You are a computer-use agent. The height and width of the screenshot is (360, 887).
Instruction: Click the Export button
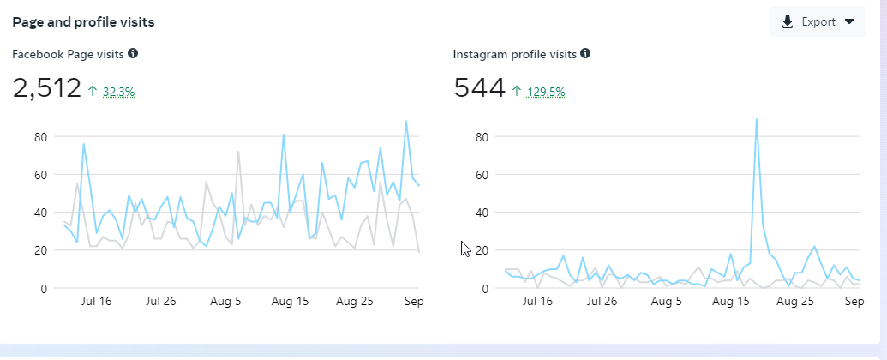818,22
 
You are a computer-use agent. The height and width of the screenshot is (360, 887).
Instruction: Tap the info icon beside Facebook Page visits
133,53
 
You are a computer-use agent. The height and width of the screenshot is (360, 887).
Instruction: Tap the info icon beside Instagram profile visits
585,53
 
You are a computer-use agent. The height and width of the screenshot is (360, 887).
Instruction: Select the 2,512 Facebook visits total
46,88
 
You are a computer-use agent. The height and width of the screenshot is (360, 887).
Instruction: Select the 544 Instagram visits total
479,88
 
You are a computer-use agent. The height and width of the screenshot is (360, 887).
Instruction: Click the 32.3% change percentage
118,91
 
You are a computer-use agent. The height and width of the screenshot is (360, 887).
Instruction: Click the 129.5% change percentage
546,91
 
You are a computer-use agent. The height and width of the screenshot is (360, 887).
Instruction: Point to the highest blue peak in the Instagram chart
756,120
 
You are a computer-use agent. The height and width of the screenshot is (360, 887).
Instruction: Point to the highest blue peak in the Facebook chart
406,121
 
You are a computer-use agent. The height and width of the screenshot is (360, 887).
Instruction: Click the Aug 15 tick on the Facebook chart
289,302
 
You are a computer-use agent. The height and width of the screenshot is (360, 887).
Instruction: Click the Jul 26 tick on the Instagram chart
602,302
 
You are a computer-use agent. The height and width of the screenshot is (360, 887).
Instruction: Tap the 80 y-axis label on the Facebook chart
39,137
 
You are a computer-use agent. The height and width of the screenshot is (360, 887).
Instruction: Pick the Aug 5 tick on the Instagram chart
666,302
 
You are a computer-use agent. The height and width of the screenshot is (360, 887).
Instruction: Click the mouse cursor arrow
464,249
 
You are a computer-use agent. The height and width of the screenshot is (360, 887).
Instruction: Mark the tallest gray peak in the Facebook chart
238,152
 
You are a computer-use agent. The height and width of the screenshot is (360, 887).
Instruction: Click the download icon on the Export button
788,22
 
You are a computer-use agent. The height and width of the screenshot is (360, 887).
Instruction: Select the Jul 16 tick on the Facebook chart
95,302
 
